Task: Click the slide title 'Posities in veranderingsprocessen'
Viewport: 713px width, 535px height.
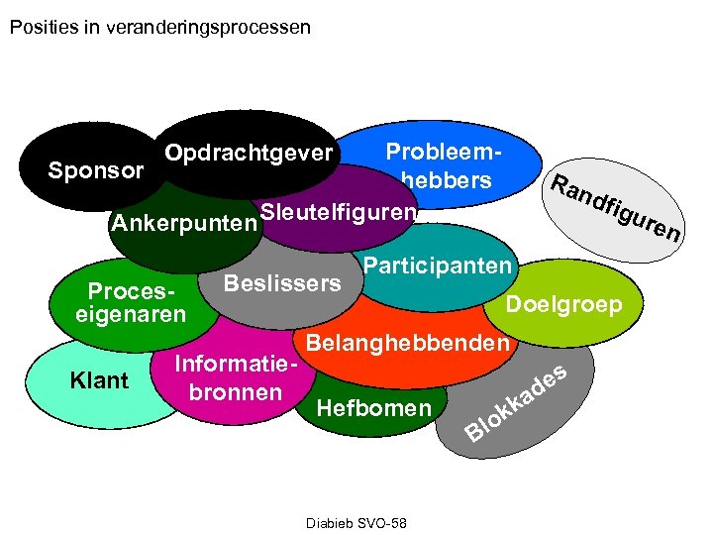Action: [159, 27]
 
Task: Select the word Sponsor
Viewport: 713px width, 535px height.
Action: [96, 170]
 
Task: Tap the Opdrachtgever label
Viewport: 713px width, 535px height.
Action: [249, 154]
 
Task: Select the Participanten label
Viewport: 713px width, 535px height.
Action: [437, 266]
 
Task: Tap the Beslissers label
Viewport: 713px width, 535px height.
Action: [282, 283]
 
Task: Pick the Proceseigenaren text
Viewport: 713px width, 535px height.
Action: [131, 303]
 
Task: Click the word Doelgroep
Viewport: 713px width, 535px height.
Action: [563, 304]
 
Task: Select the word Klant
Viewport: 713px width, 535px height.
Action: [99, 379]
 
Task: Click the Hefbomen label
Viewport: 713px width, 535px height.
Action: [372, 407]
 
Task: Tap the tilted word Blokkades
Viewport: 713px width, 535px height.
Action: [517, 402]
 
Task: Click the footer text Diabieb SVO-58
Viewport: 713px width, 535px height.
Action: [357, 522]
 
